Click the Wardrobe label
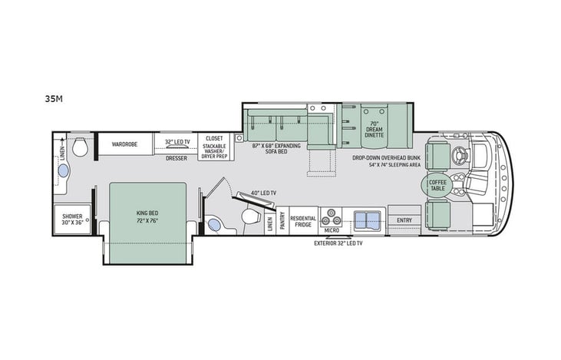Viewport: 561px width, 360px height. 124,144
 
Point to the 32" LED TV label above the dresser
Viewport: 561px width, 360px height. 177,142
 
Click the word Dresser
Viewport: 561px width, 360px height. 177,158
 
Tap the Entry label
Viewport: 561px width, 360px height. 404,220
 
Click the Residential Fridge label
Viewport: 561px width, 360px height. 303,220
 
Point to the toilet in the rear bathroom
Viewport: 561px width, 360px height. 80,146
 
